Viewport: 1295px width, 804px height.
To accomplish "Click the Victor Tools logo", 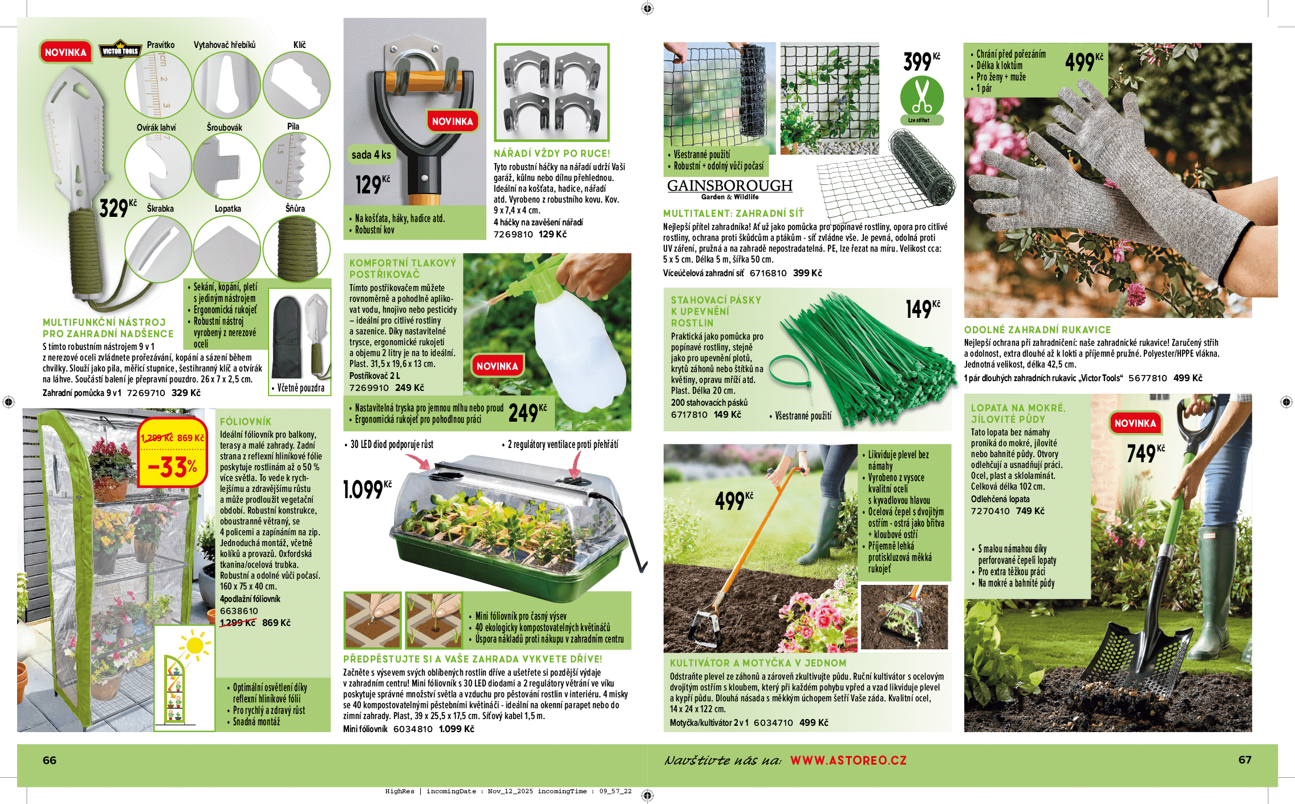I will pos(120,50).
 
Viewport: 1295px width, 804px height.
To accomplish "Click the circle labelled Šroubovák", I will pos(227,166).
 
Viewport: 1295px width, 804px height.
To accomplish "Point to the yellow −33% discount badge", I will pos(173,460).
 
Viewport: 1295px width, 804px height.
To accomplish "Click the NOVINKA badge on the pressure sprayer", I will pos(497,366).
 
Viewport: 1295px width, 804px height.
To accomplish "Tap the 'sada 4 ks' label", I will pos(371,155).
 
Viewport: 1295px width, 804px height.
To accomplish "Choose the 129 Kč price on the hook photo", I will pos(372,184).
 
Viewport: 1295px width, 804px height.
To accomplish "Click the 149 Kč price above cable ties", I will pos(922,309).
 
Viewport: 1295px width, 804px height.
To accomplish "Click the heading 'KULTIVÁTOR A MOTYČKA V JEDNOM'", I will pos(758,663).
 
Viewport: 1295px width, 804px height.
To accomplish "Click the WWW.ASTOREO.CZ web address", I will pos(848,760).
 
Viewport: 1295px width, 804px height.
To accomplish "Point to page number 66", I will pos(50,760).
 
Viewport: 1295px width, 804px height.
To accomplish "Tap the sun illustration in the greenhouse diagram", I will pos(194,645).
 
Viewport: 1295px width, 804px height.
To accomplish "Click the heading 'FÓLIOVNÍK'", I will pos(246,422).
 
